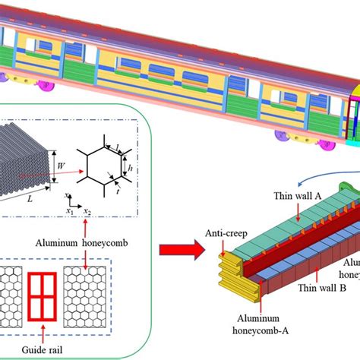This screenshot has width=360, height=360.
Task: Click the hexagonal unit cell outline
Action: pyautogui.click(x=101, y=162)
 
